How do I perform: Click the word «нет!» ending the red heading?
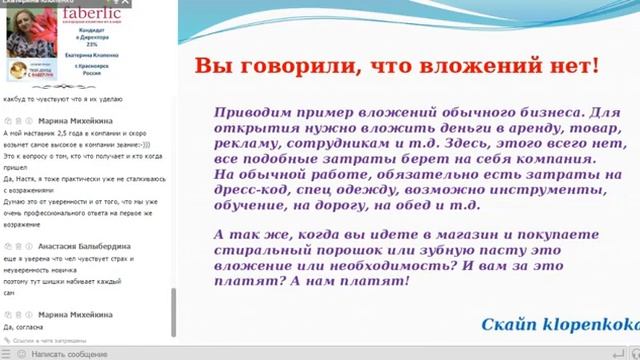tap(580, 67)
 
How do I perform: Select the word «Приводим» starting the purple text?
tap(251, 112)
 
